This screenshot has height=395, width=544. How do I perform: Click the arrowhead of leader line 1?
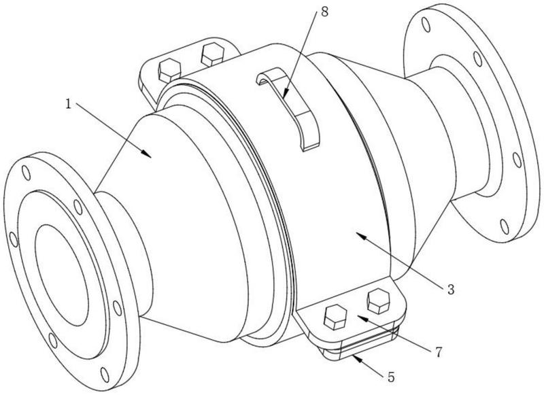point(152,156)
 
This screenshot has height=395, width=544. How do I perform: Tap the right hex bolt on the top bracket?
point(211,54)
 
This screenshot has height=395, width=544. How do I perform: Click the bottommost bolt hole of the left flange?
point(103,373)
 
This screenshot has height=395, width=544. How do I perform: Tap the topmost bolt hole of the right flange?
point(426,26)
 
